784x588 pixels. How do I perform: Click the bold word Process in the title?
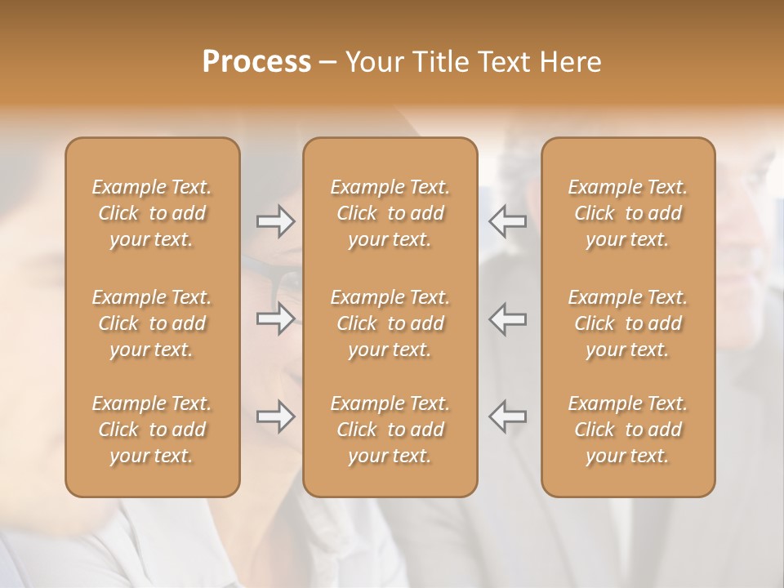coord(256,62)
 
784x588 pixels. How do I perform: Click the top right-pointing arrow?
coord(276,221)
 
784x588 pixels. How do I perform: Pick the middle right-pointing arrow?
coord(276,318)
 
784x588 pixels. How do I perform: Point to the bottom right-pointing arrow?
coord(276,416)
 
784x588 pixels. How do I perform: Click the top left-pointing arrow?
coord(508,221)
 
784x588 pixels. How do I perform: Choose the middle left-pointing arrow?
coord(508,318)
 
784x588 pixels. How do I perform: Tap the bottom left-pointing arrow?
coord(508,416)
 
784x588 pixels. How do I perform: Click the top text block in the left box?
coord(152,213)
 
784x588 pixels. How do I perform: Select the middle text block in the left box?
coord(152,323)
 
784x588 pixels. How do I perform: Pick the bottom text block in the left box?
coord(152,430)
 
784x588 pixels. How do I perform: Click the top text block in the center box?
coord(390,213)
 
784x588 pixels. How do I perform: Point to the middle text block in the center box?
coord(390,323)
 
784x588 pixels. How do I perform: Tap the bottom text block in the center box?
coord(390,430)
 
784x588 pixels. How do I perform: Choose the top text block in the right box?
coord(628,213)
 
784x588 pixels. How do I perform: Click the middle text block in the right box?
coord(628,323)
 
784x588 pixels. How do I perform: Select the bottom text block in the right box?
coord(628,430)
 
